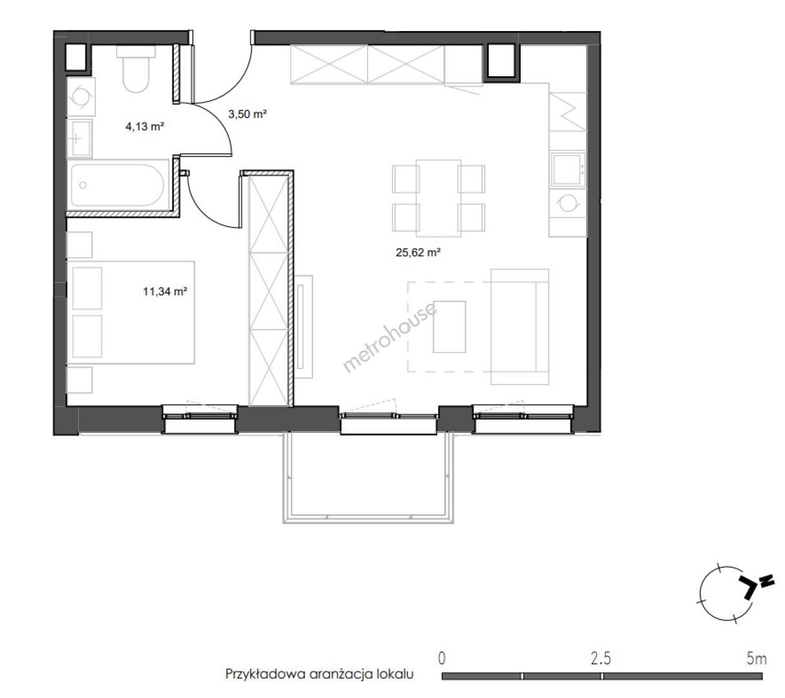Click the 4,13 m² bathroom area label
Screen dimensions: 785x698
[145, 126]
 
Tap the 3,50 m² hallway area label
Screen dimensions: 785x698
[247, 114]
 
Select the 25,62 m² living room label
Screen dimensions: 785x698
[418, 253]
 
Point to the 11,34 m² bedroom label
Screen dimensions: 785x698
[165, 291]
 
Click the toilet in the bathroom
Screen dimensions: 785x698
[136, 69]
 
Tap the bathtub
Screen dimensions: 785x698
[118, 185]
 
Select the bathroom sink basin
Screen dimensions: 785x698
[80, 138]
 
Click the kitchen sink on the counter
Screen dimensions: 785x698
[568, 170]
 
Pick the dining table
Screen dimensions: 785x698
[438, 198]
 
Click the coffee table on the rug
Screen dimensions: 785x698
[449, 326]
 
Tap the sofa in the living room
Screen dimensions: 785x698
[520, 327]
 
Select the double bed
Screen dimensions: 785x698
[131, 312]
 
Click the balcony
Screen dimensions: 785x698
[368, 478]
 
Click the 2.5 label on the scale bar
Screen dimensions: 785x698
[601, 659]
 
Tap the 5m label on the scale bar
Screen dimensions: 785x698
[757, 659]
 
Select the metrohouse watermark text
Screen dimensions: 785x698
[390, 337]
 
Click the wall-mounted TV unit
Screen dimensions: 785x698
[303, 326]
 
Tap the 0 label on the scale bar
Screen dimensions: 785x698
[442, 659]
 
